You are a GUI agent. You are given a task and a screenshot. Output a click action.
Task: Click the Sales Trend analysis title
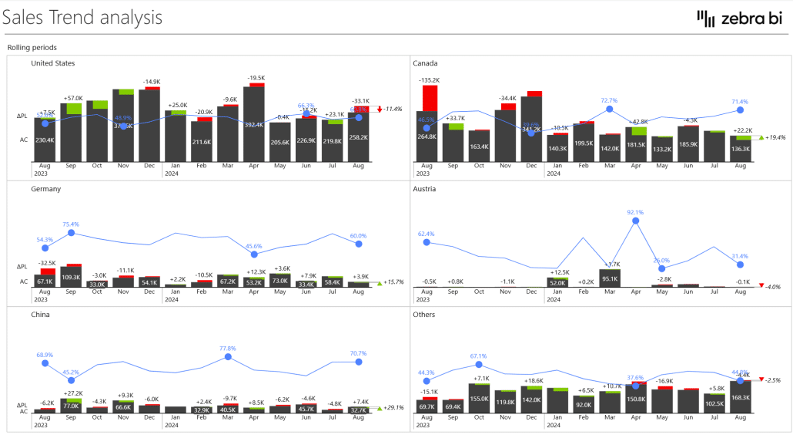(82, 17)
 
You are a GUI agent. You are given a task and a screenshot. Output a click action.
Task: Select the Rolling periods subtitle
(32, 48)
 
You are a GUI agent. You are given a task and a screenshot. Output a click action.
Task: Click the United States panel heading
(53, 63)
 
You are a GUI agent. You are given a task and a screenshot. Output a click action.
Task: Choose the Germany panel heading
(46, 189)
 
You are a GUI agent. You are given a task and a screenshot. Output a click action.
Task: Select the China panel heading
(42, 315)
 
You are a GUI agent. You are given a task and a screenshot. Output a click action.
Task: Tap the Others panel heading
(423, 315)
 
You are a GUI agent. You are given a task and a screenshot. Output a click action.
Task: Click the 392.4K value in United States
(254, 124)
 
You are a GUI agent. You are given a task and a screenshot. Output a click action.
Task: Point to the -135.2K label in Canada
(429, 80)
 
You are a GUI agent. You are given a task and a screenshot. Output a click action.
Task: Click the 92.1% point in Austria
(635, 221)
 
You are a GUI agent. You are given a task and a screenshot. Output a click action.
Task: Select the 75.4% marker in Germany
(71, 232)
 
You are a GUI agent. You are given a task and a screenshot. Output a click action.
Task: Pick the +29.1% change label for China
(393, 407)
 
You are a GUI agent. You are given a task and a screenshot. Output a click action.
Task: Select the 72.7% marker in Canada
(609, 110)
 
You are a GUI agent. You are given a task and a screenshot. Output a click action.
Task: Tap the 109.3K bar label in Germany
(71, 277)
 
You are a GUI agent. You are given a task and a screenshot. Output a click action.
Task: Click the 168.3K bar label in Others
(740, 398)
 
